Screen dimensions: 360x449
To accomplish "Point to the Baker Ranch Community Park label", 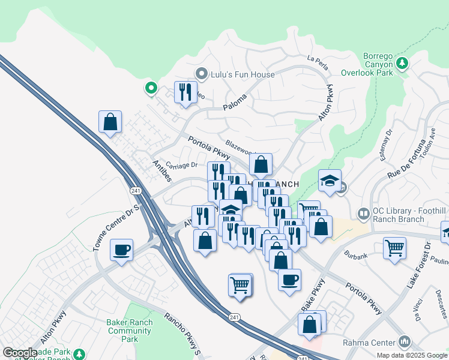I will (129, 331).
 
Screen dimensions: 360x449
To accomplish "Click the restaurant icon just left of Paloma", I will (185, 92).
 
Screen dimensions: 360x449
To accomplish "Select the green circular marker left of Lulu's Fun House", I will (151, 89).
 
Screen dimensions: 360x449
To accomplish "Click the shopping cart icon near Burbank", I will (394, 247).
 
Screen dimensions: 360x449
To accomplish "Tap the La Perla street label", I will (319, 59).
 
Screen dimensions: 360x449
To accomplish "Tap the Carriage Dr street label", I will (182, 165).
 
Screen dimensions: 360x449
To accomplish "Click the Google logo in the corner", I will (20, 353).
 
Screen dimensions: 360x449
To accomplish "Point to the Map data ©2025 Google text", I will (411, 355).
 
